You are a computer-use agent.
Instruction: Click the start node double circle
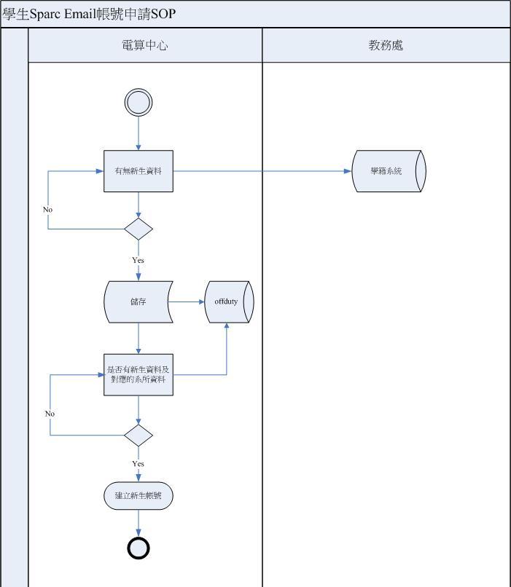[139, 103]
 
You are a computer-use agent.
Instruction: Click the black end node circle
[139, 548]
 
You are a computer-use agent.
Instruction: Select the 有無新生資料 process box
[139, 171]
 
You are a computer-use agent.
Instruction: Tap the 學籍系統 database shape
[388, 171]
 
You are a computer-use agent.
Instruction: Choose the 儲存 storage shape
[139, 302]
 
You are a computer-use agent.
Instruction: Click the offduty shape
[227, 302]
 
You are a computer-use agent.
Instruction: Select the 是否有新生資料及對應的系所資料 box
[139, 375]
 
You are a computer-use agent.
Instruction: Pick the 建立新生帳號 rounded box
[139, 496]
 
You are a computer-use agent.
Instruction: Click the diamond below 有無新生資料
[139, 229]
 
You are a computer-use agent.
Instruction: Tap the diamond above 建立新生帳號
[139, 436]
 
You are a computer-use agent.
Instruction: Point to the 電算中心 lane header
[145, 45]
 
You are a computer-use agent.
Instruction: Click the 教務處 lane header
[386, 45]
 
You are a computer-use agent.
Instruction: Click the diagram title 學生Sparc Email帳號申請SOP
[89, 14]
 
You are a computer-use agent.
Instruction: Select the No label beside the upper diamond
[48, 210]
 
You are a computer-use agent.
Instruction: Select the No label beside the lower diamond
[50, 414]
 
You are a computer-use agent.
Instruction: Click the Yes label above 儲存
[139, 260]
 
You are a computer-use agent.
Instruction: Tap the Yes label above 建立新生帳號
[139, 464]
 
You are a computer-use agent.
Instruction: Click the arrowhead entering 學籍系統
[348, 171]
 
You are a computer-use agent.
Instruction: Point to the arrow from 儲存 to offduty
[189, 302]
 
